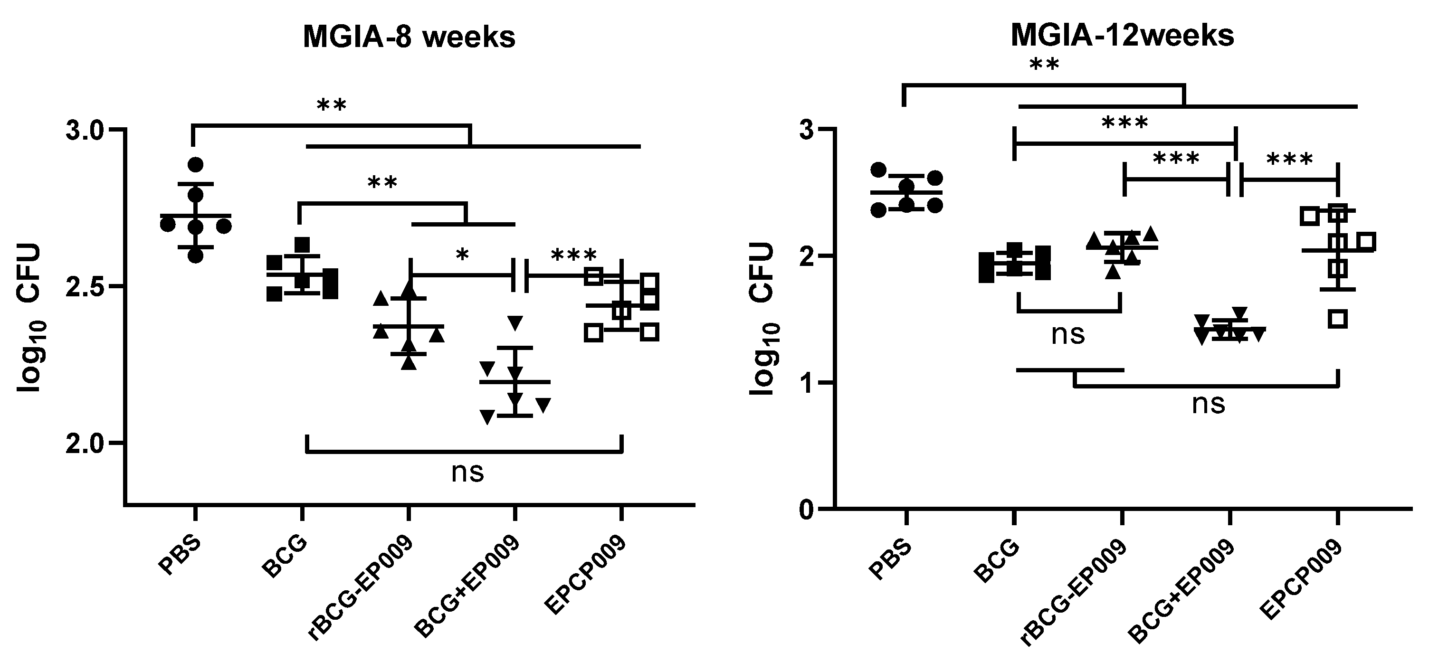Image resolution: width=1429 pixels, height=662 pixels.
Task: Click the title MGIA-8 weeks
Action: click(x=409, y=38)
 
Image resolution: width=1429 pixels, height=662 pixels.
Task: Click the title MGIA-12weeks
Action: click(x=1122, y=36)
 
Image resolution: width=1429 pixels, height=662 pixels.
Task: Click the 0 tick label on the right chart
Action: click(x=807, y=509)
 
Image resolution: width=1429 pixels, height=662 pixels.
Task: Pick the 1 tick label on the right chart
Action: click(x=808, y=383)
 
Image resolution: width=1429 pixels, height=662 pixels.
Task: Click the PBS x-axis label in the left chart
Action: click(x=179, y=557)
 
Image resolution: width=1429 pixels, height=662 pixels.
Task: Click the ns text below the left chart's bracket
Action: click(x=467, y=473)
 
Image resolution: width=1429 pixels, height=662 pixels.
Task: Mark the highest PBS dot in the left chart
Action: click(x=195, y=165)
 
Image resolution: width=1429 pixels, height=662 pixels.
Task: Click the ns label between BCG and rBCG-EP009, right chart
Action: click(x=1068, y=335)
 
